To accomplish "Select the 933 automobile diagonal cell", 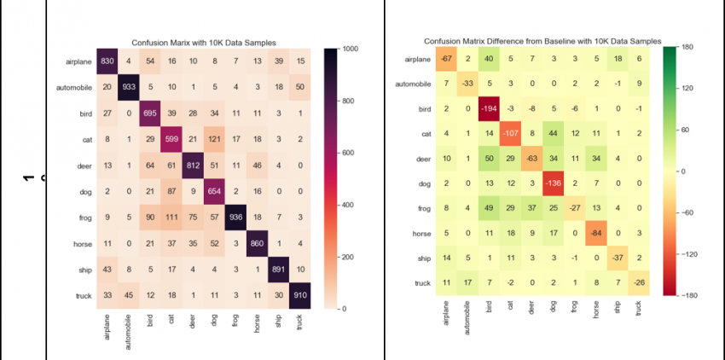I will pyautogui.click(x=129, y=86).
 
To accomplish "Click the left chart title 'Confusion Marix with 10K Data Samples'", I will pyautogui.click(x=203, y=43).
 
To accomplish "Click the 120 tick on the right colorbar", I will pyautogui.click(x=687, y=88).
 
